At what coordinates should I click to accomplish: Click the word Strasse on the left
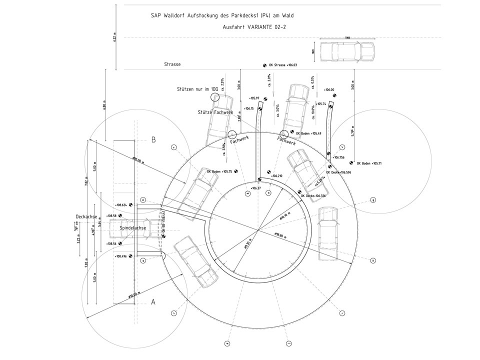[x=172, y=65]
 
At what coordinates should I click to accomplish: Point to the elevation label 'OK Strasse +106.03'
[x=283, y=65]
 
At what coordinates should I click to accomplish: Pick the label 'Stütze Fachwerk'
[x=215, y=112]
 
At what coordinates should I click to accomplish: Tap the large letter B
[x=153, y=140]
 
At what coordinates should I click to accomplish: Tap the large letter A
[x=153, y=302]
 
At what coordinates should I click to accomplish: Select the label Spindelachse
[x=133, y=228]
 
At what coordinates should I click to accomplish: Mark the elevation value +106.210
[x=277, y=176]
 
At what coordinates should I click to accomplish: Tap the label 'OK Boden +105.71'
[x=370, y=163]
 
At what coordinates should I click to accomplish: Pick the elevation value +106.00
[x=329, y=90]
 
